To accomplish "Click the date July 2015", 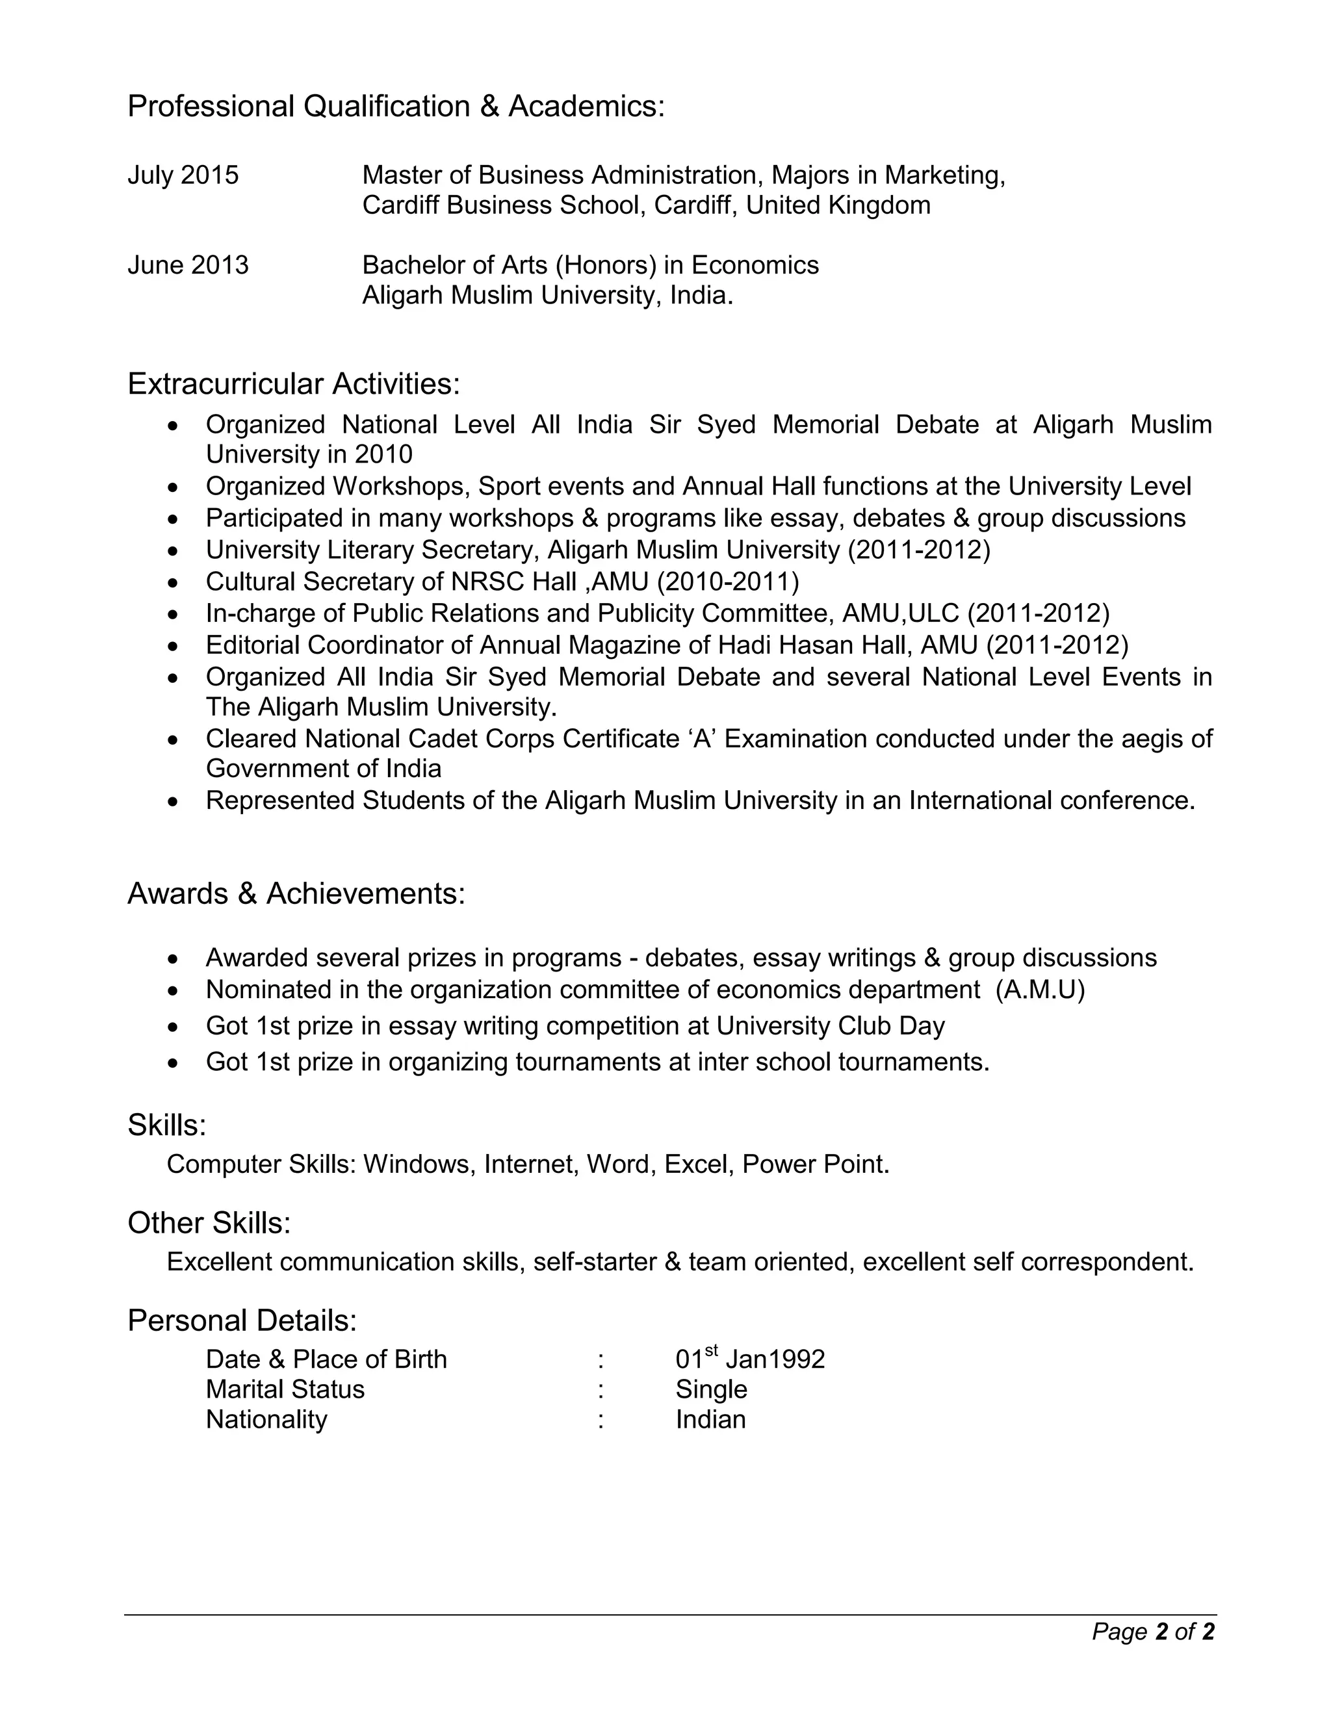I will point(183,175).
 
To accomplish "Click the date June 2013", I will point(188,265).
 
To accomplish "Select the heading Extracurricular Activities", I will point(293,384).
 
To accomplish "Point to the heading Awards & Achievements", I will point(296,893).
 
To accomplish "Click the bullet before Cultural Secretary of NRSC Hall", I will point(174,583).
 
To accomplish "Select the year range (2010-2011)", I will point(727,582).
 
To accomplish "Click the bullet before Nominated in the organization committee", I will point(174,990).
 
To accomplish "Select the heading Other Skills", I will point(209,1223).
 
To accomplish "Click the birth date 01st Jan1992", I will point(750,1359).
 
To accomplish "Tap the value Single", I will point(711,1389).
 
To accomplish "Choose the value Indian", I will point(710,1419).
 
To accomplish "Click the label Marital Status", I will point(285,1389).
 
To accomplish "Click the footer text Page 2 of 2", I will point(1153,1631).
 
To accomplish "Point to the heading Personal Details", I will point(242,1320).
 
